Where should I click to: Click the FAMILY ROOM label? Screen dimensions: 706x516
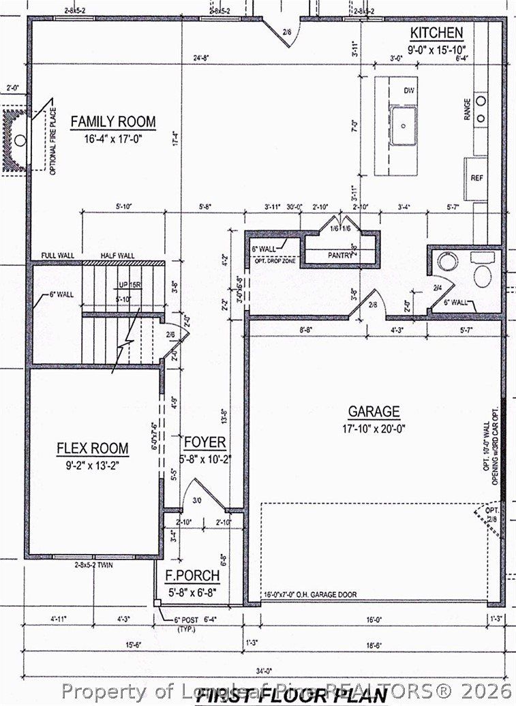coord(113,123)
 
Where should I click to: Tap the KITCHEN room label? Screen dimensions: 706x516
coord(436,33)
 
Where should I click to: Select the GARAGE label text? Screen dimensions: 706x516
coord(374,412)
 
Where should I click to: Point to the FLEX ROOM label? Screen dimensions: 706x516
coord(92,448)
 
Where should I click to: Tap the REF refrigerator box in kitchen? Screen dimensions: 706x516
coord(476,177)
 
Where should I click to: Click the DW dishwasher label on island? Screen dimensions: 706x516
coord(410,91)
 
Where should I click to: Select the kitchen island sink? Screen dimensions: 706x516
coord(404,126)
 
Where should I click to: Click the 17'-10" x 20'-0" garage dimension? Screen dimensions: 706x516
coord(374,429)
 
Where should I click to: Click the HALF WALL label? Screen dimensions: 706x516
coord(117,256)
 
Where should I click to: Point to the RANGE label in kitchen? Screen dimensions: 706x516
coord(467,110)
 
